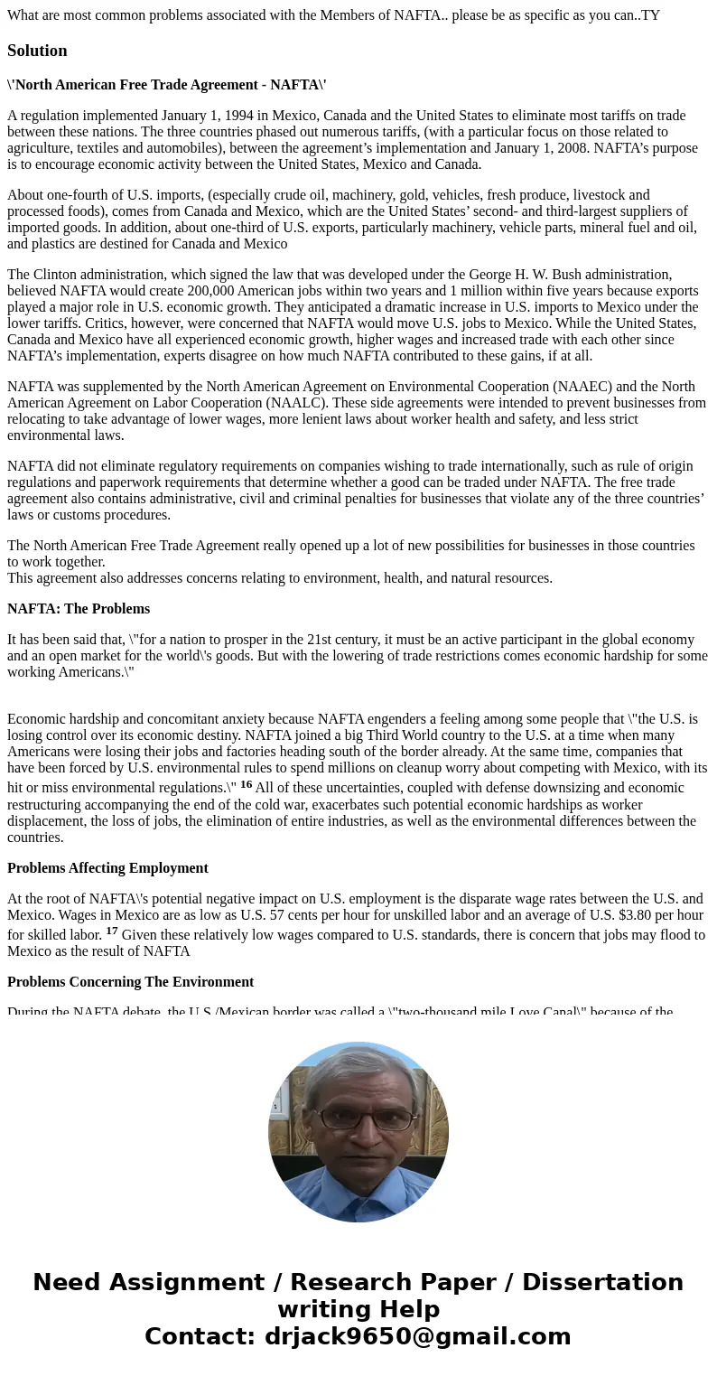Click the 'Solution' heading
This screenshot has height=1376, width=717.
(37, 51)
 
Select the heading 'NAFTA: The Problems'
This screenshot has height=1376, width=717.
(79, 609)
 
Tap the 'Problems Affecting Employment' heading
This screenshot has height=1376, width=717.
(107, 868)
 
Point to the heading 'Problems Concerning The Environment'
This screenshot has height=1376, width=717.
(130, 982)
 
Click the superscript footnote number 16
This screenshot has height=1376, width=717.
(246, 784)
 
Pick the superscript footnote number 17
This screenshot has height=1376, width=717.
(112, 931)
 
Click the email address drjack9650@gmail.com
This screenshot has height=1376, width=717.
(417, 1336)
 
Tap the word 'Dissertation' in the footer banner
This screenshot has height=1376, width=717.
(602, 1282)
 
